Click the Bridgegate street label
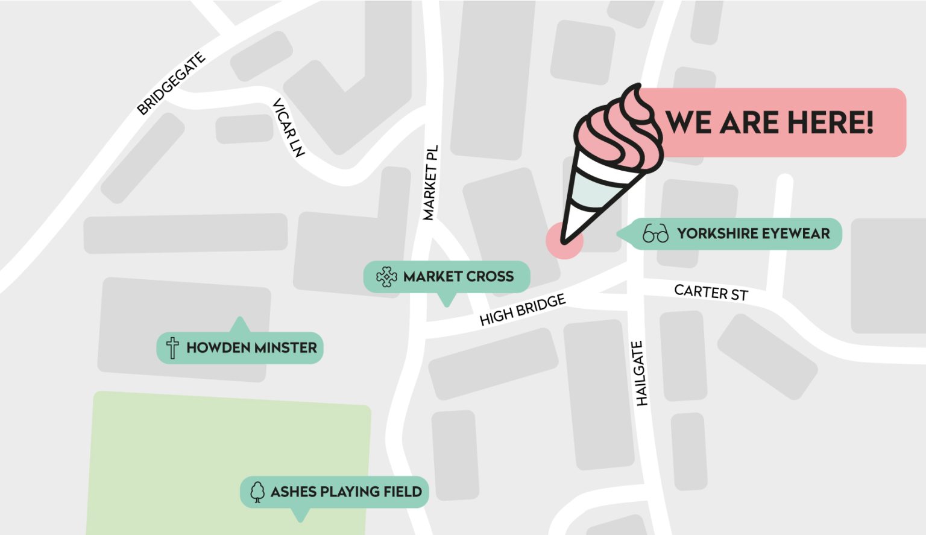click(x=171, y=83)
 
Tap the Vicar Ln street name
click(x=288, y=127)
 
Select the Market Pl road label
click(x=430, y=183)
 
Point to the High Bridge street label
click(x=523, y=309)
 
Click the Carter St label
click(x=711, y=293)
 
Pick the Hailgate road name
click(x=640, y=373)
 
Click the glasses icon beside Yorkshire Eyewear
click(x=655, y=233)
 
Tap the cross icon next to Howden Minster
click(x=172, y=348)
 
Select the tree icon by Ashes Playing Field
click(x=257, y=492)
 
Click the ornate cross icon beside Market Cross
click(x=386, y=277)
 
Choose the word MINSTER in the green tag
click(x=285, y=348)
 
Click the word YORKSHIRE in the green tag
click(x=713, y=233)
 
